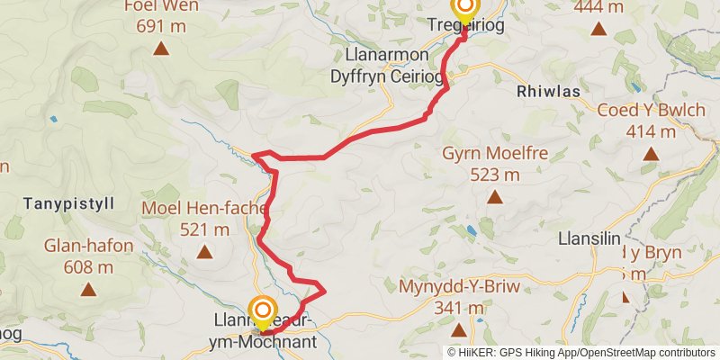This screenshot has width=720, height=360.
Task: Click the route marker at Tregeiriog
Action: click(x=465, y=10)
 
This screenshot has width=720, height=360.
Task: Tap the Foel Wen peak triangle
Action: click(x=161, y=48)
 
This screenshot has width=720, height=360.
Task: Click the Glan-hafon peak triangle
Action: click(x=88, y=289)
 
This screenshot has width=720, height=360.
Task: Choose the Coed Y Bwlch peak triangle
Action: click(x=651, y=154)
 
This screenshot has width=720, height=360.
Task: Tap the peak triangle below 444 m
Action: click(x=598, y=28)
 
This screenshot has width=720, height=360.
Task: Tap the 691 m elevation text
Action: click(x=161, y=26)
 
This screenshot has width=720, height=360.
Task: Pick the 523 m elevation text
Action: click(x=493, y=174)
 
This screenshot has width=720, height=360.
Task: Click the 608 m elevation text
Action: click(x=88, y=267)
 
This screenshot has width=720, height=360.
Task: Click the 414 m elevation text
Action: click(x=650, y=132)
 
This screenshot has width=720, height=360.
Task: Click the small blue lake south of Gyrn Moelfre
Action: click(x=470, y=231)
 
